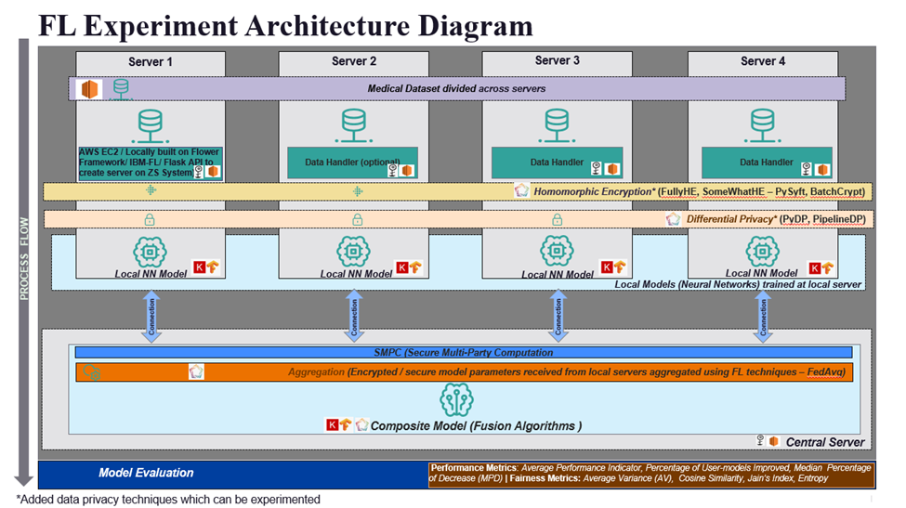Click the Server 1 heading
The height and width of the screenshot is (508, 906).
click(150, 61)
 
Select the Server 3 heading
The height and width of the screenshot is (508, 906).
click(558, 61)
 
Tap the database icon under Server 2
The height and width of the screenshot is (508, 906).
click(353, 122)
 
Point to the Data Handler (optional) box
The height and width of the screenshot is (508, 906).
click(353, 163)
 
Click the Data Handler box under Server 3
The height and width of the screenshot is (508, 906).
click(557, 163)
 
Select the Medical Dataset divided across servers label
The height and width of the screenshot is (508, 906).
click(456, 89)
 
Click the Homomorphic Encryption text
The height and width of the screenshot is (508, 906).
click(595, 191)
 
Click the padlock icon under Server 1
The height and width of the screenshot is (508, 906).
click(150, 220)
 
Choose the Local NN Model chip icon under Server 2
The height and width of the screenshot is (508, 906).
click(353, 252)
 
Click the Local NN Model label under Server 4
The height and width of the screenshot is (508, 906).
click(761, 273)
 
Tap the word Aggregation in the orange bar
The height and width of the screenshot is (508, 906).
click(316, 372)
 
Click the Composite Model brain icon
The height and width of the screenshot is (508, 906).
click(454, 400)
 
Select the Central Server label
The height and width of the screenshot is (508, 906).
click(824, 442)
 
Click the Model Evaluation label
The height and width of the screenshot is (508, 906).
click(146, 473)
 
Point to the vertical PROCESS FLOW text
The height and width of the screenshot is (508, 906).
click(26, 259)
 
